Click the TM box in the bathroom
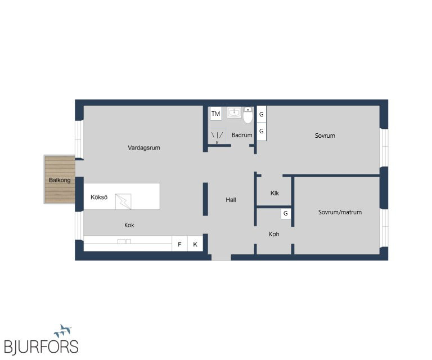[216, 114]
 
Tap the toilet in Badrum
[248, 115]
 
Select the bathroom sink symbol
[234, 112]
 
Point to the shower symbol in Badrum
[217, 136]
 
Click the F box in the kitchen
[179, 244]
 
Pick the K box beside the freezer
[195, 244]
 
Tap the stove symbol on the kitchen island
[123, 201]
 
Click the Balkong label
[60, 180]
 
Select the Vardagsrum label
[144, 147]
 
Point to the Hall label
[231, 200]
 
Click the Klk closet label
[274, 193]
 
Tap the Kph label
[274, 234]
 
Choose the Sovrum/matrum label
[340, 212]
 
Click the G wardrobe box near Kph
[286, 213]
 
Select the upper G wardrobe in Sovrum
[262, 114]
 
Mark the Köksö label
[99, 197]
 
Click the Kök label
[129, 225]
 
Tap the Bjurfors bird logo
[63, 331]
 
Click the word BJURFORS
[41, 346]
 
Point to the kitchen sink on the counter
[124, 241]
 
